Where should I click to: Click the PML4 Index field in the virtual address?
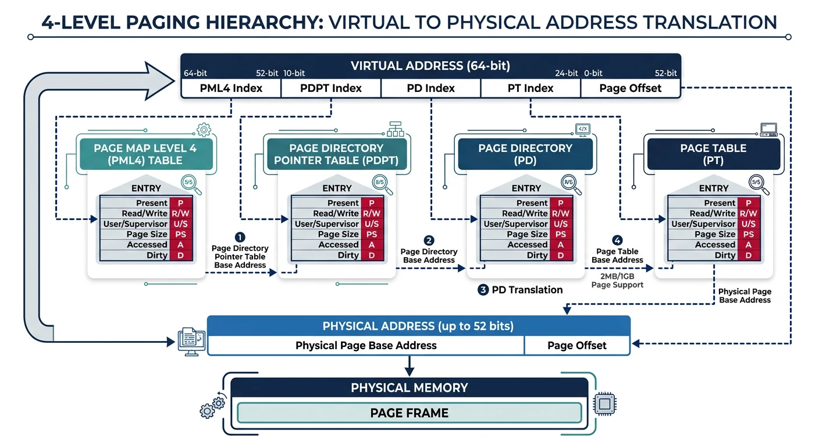click(231, 88)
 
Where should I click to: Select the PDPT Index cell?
click(330, 88)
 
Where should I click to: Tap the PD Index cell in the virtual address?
click(431, 88)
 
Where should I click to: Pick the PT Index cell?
click(530, 88)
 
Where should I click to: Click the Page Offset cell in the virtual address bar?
click(630, 88)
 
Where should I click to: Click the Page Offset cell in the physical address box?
click(576, 345)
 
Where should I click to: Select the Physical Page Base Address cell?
click(366, 345)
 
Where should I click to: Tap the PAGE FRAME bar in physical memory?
click(409, 413)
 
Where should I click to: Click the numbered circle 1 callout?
click(240, 237)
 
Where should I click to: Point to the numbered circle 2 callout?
click(429, 240)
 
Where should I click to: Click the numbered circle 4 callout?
click(617, 240)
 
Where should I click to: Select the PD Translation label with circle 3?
click(521, 290)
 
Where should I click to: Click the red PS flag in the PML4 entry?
click(178, 235)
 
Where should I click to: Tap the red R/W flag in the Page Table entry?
click(748, 214)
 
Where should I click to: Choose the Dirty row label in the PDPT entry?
click(348, 256)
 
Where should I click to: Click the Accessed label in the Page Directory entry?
click(527, 245)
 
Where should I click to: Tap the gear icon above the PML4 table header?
click(204, 129)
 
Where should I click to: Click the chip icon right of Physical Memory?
click(605, 403)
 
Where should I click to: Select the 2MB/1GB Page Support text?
click(617, 281)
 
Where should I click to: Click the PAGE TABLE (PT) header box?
click(713, 154)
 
